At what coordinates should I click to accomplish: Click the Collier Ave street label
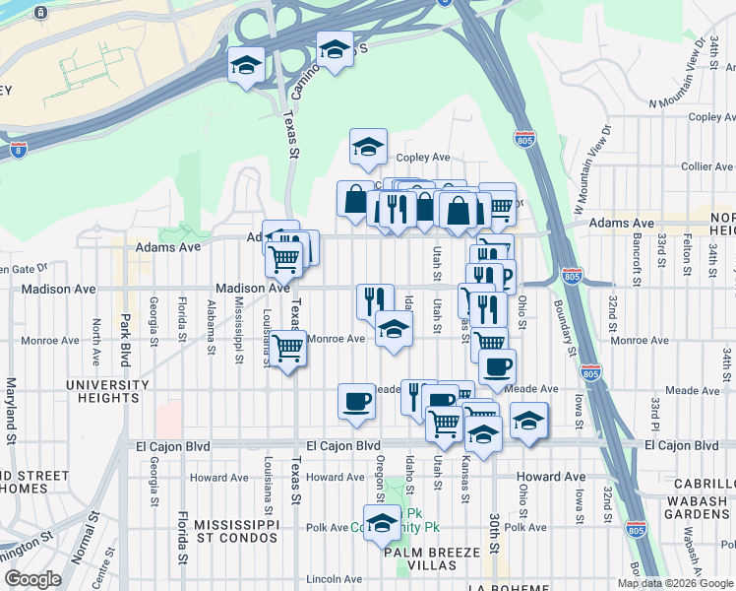click(x=696, y=166)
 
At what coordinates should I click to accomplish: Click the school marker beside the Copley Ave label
click(x=369, y=148)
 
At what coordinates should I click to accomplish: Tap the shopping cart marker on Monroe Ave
click(x=288, y=349)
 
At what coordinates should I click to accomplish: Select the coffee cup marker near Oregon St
click(x=356, y=401)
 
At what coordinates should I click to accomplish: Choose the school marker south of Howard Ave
click(x=382, y=522)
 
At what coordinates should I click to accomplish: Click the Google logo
click(x=32, y=579)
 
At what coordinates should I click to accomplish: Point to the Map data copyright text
click(x=675, y=583)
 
